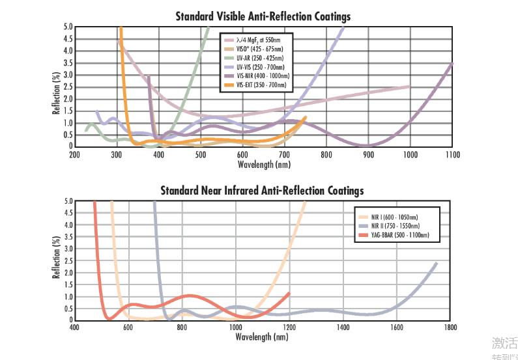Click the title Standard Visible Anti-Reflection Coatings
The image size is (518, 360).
(x=263, y=16)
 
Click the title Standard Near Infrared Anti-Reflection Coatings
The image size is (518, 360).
(x=263, y=190)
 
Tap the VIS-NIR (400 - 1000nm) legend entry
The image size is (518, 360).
(x=263, y=76)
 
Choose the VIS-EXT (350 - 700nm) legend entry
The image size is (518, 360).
(x=261, y=85)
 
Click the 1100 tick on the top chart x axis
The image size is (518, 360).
(x=452, y=154)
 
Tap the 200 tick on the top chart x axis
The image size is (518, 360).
(x=74, y=154)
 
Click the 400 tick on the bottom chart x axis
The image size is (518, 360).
(x=74, y=328)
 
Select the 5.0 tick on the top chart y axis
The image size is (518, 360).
(x=68, y=27)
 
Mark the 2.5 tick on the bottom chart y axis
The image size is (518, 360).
(x=68, y=261)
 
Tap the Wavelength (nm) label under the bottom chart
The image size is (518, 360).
(x=263, y=338)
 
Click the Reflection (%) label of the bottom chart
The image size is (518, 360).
(x=57, y=260)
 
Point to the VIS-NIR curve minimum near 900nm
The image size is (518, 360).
(x=367, y=145)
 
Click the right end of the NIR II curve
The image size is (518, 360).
(x=436, y=263)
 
